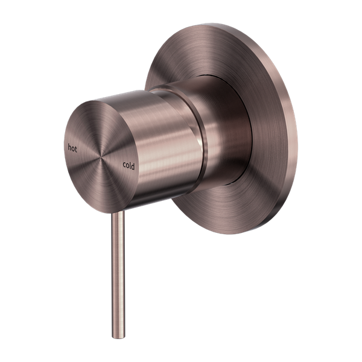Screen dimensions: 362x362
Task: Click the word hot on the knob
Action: click(x=72, y=147)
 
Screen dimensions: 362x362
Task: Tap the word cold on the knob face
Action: click(x=130, y=164)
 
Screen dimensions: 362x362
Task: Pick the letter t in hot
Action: click(x=77, y=148)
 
